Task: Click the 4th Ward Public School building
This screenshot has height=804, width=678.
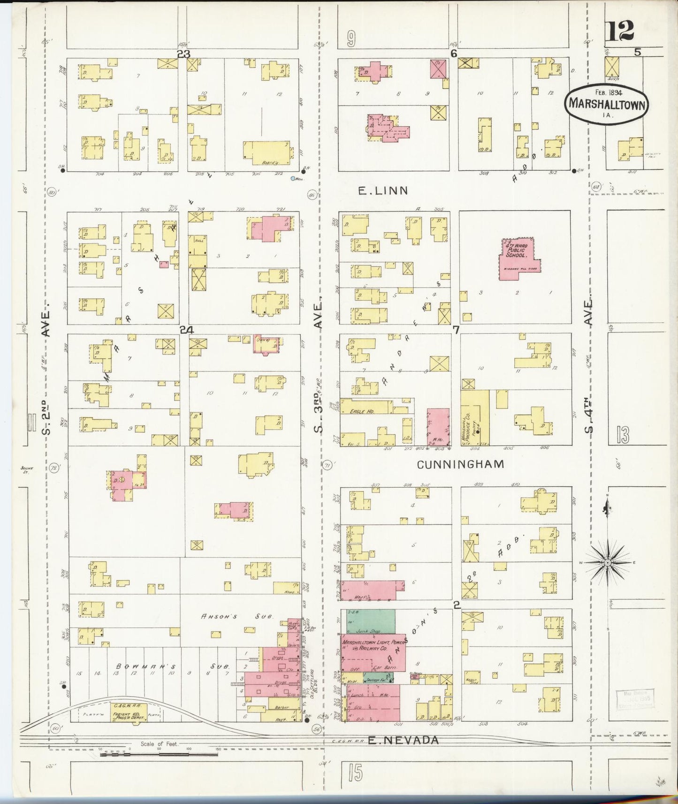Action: (518, 258)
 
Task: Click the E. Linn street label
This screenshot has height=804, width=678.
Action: (383, 190)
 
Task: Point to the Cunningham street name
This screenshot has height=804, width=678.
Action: (460, 464)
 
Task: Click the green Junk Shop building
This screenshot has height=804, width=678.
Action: (370, 620)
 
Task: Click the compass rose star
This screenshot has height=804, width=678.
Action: (608, 562)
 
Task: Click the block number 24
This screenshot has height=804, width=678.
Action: (187, 330)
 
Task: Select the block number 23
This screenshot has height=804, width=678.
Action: (183, 54)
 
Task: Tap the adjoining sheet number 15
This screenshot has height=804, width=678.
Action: (355, 772)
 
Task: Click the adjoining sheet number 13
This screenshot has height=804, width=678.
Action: (623, 435)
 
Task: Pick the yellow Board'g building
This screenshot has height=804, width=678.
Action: (267, 152)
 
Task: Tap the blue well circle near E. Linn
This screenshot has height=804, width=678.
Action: (293, 179)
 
